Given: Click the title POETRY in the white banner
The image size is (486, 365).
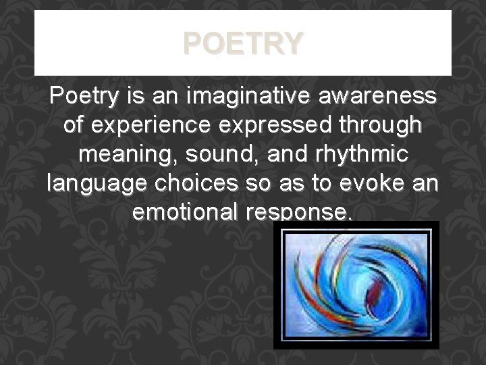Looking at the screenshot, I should pyautogui.click(x=243, y=43).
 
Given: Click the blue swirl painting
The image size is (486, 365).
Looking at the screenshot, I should pyautogui.click(x=356, y=285).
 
